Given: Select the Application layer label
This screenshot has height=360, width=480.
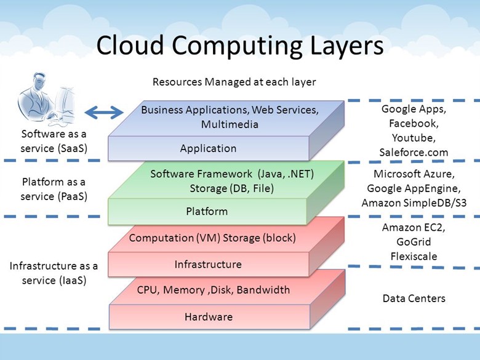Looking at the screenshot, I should pyautogui.click(x=208, y=148).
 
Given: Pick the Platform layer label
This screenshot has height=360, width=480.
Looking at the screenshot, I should pyautogui.click(x=207, y=212).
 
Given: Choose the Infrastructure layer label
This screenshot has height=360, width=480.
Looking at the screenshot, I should pyautogui.click(x=208, y=265).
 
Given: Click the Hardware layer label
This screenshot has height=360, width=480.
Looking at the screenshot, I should pyautogui.click(x=209, y=318).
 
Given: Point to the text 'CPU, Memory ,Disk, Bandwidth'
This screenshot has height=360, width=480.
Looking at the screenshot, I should pyautogui.click(x=214, y=290).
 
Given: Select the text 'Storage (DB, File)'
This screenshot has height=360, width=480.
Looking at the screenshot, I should pyautogui.click(x=231, y=188).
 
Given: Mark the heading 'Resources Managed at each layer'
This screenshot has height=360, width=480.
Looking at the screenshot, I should pyautogui.click(x=234, y=82).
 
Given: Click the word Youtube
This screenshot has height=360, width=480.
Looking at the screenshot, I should pyautogui.click(x=414, y=138).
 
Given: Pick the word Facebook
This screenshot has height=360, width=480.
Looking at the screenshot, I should pyautogui.click(x=414, y=123).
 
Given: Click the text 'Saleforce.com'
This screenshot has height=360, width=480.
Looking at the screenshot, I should pyautogui.click(x=414, y=152).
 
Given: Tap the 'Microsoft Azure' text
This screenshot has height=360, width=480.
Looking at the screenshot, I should pyautogui.click(x=413, y=174).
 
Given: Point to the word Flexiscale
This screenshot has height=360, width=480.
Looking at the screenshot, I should pyautogui.click(x=414, y=255).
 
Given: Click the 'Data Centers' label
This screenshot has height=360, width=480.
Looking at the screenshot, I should pyautogui.click(x=414, y=298).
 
